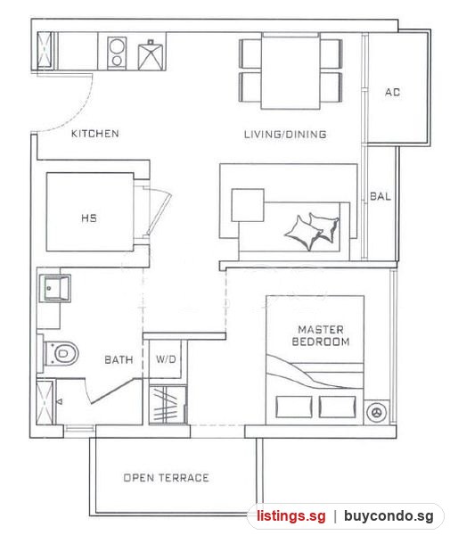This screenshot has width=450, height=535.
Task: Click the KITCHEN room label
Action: pyautogui.click(x=95, y=134)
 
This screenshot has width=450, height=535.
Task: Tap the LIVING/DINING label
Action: pyautogui.click(x=285, y=134)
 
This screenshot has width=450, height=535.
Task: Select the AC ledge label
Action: pyautogui.click(x=392, y=92)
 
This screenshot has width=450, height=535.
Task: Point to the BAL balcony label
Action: pyautogui.click(x=380, y=196)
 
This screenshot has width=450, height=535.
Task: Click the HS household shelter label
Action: pyautogui.click(x=89, y=218)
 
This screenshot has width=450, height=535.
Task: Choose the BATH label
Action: pyautogui.click(x=119, y=359)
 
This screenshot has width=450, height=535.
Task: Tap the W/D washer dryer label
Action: pyautogui.click(x=166, y=359)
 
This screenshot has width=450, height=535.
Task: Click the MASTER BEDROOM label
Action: pyautogui.click(x=321, y=335)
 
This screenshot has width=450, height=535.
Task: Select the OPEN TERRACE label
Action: pyautogui.click(x=166, y=478)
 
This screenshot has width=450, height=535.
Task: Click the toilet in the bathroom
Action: pyautogui.click(x=61, y=353)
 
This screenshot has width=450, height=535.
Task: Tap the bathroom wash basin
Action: pyautogui.click(x=55, y=289)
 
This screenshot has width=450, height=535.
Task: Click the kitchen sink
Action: pyautogui.click(x=150, y=55)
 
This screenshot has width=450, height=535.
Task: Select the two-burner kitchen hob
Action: pyautogui.click(x=117, y=53)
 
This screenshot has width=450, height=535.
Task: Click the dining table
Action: pyautogui.click(x=290, y=71)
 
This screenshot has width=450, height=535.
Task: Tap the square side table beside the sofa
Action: pyautogui.click(x=248, y=205)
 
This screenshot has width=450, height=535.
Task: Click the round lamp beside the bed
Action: pyautogui.click(x=376, y=412)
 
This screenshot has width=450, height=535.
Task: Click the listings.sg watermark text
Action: pyautogui.click(x=291, y=516)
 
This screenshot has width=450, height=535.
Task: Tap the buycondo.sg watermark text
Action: pyautogui.click(x=389, y=516)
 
